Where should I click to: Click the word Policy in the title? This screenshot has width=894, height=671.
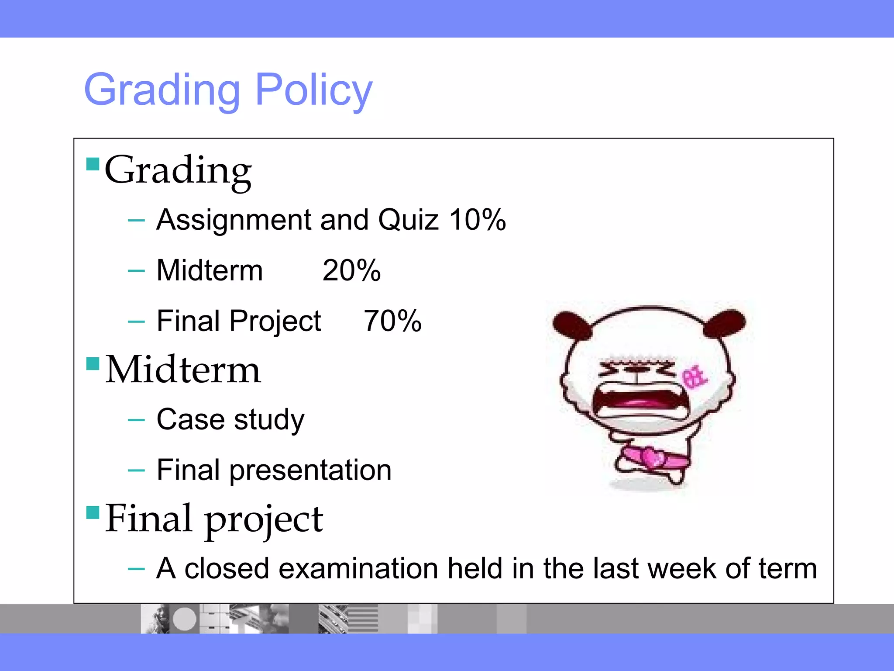[x=313, y=90]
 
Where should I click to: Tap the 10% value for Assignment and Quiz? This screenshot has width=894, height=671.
[x=478, y=219]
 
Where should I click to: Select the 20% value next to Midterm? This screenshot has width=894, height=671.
[x=351, y=270]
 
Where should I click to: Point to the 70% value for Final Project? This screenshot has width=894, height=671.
[x=392, y=321]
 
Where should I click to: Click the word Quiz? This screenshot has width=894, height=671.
[x=408, y=219]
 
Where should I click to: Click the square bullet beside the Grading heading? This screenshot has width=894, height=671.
[x=93, y=164]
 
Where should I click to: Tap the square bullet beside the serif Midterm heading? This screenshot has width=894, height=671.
[x=93, y=363]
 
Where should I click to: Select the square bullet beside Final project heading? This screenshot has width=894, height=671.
[x=93, y=512]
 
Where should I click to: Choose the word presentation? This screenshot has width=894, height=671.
[x=310, y=470]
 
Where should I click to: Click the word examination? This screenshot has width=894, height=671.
[x=358, y=569]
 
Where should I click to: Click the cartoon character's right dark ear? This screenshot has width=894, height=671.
[x=726, y=322]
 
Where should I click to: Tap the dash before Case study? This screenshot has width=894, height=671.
[x=136, y=420]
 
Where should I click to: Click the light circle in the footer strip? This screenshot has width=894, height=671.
[x=185, y=619]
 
